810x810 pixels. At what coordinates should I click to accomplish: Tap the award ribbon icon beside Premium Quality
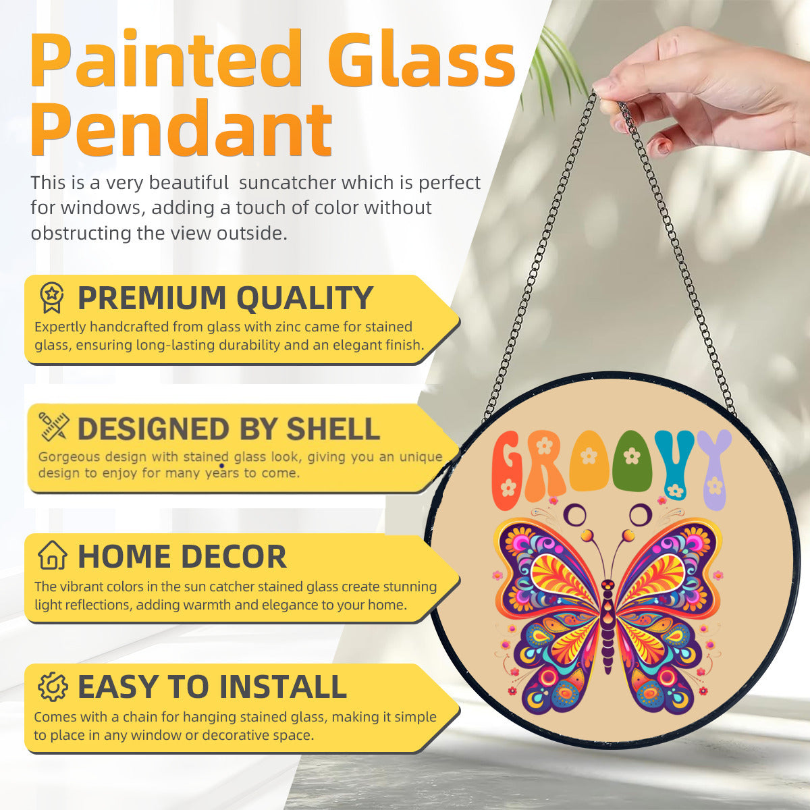tap(52, 298)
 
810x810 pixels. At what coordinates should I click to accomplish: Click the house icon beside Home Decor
tap(53, 556)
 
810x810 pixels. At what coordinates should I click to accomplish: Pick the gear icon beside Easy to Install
tap(53, 686)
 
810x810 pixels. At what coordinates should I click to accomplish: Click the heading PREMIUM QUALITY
tap(225, 298)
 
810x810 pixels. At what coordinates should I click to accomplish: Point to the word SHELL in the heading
tap(333, 429)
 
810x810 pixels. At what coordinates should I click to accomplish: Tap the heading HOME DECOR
tap(182, 557)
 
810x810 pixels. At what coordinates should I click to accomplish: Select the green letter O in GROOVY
tap(632, 462)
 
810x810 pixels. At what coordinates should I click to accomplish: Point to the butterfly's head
tap(608, 586)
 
